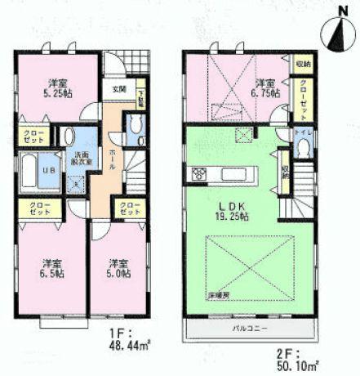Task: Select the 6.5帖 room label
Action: (52, 269)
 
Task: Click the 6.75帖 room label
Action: (268, 88)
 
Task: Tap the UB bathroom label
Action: (47, 170)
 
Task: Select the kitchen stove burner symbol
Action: (197, 173)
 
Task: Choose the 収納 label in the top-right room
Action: (303, 62)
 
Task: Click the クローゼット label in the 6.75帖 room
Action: (304, 96)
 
